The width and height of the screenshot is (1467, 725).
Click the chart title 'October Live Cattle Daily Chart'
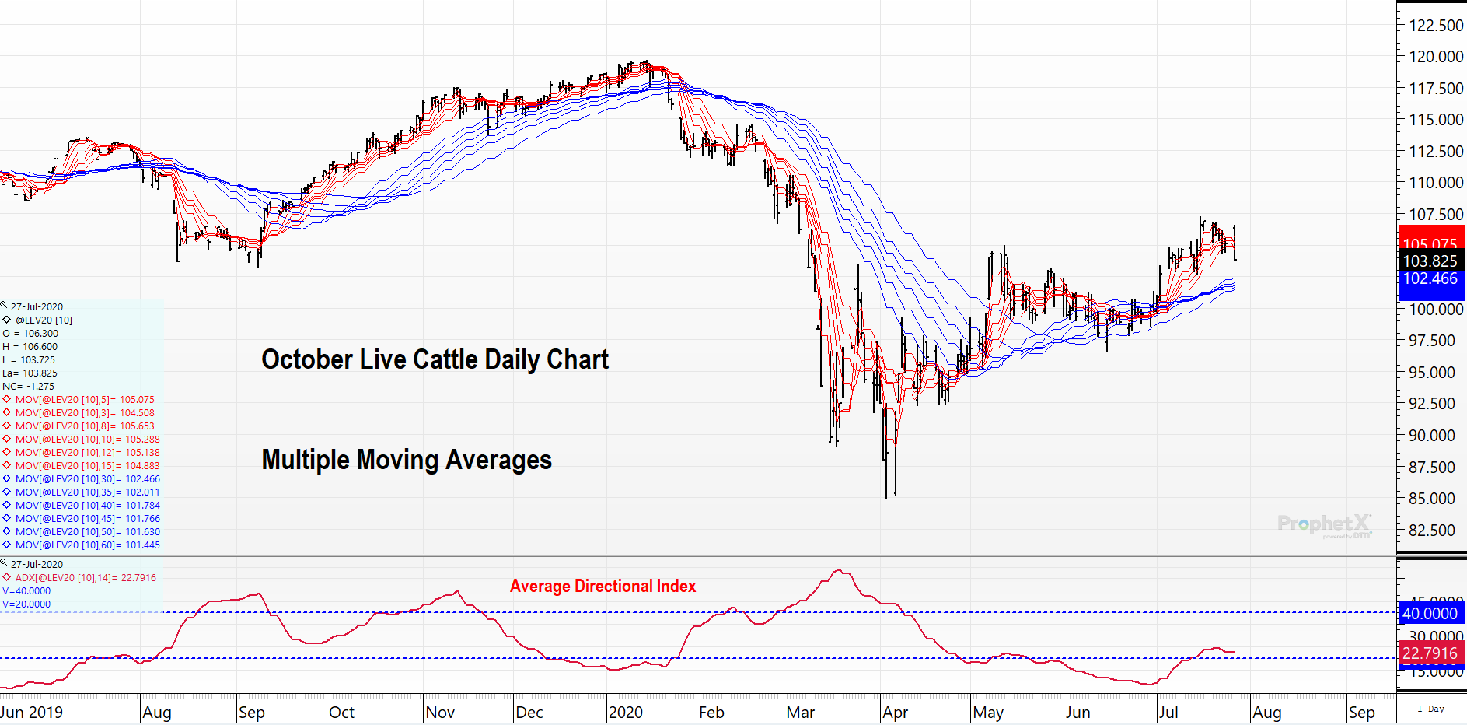point(435,359)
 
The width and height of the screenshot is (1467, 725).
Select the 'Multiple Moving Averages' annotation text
point(407,460)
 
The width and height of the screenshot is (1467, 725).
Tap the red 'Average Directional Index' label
point(603,586)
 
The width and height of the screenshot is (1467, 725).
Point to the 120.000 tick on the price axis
point(1436,57)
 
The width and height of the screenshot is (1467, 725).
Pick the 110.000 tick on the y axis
point(1436,183)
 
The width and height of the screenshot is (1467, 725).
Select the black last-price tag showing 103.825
point(1430,261)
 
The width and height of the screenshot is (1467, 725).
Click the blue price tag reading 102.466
point(1430,279)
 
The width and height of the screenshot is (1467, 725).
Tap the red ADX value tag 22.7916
point(1430,653)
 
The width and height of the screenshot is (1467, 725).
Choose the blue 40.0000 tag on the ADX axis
point(1430,614)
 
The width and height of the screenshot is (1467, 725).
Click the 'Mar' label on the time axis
point(800,713)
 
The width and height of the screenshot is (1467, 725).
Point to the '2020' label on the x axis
point(626,713)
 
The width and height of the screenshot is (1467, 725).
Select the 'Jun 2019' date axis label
point(32,713)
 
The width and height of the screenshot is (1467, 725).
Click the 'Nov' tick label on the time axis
point(440,713)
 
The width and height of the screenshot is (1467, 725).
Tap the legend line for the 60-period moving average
point(87,545)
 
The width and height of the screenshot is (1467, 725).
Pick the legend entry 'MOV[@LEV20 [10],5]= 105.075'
point(85,400)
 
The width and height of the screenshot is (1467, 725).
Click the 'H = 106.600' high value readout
point(30,347)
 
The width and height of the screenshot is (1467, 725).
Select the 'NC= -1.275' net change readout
point(29,387)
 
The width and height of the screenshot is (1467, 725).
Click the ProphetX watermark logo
point(1324,524)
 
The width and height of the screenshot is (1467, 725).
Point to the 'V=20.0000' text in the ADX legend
point(26,604)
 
